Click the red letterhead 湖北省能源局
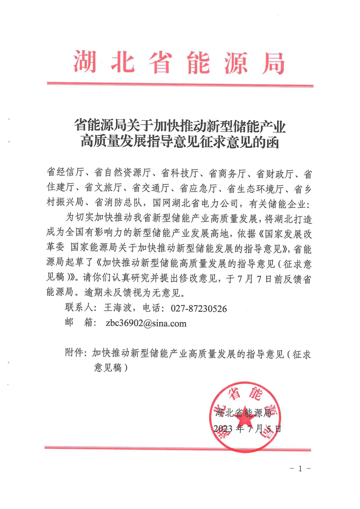(179, 63)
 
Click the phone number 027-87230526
(199, 308)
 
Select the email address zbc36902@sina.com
(146, 323)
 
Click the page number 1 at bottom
(300, 469)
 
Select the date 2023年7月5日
(247, 429)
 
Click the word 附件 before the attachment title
(74, 353)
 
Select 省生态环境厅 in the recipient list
(255, 189)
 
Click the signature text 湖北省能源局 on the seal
(243, 413)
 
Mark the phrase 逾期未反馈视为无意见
(132, 293)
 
